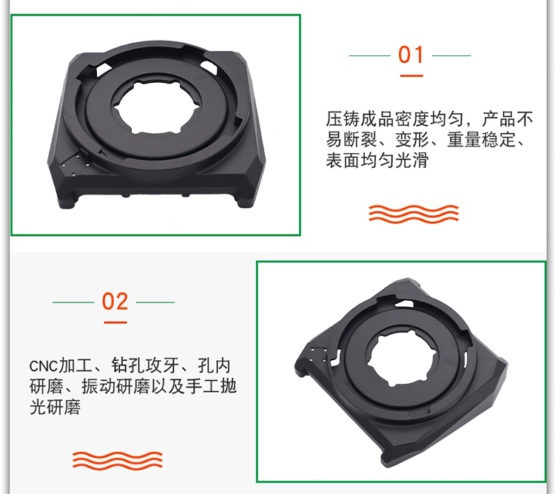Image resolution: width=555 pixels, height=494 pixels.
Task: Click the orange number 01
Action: [x=411, y=55]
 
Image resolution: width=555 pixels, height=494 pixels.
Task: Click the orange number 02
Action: [x=115, y=302]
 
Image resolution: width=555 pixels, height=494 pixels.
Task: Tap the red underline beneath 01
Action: [x=411, y=75]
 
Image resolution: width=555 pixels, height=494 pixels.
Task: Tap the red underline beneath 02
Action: [x=115, y=322]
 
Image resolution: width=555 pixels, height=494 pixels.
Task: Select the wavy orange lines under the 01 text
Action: [x=414, y=214]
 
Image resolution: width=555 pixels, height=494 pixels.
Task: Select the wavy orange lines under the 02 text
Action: [x=118, y=461]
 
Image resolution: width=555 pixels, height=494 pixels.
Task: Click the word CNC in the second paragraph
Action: [x=43, y=366]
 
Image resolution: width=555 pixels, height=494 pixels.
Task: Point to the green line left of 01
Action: [x=369, y=55]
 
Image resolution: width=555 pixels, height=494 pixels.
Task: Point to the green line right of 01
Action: [x=451, y=55]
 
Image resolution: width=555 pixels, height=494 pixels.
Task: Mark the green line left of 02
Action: [x=73, y=302]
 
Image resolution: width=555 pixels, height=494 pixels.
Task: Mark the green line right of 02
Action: [x=155, y=302]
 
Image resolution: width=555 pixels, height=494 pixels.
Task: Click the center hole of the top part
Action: [x=157, y=107]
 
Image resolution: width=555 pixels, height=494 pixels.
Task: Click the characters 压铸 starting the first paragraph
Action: [x=343, y=119]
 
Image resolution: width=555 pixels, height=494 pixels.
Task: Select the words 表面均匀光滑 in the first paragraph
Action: [x=377, y=160]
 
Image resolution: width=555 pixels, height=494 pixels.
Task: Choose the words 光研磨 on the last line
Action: [x=55, y=407]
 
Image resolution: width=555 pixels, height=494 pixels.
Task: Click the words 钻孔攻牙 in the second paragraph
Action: [x=145, y=365]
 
